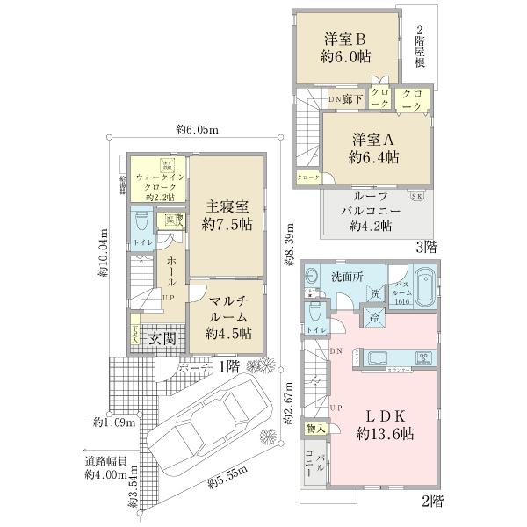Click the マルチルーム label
coord(227,317)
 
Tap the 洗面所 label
coord(348,276)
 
